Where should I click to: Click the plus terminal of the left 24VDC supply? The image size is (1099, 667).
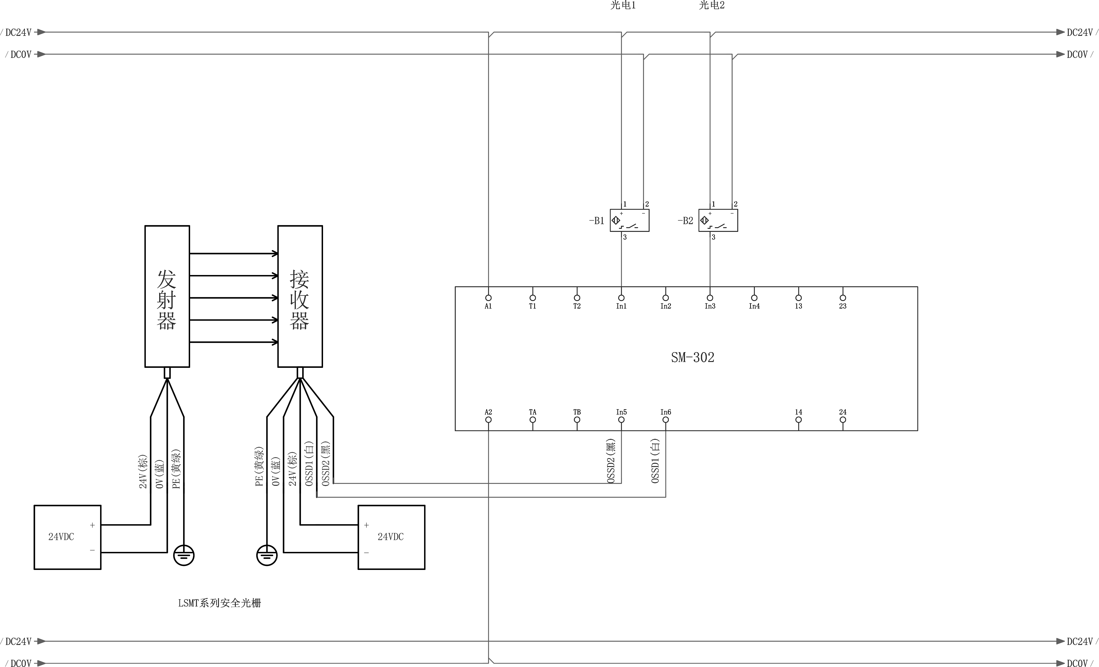pos(92,525)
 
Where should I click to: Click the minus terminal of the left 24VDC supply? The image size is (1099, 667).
pos(92,550)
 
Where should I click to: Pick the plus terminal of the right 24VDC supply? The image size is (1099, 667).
pos(366,525)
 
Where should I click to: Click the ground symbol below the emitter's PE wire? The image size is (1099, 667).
pos(184,555)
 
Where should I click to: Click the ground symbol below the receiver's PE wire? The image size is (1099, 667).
pos(267,555)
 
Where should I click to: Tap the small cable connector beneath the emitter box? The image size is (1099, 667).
pos(167,373)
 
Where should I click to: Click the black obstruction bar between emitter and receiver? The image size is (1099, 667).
pos(224,335)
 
